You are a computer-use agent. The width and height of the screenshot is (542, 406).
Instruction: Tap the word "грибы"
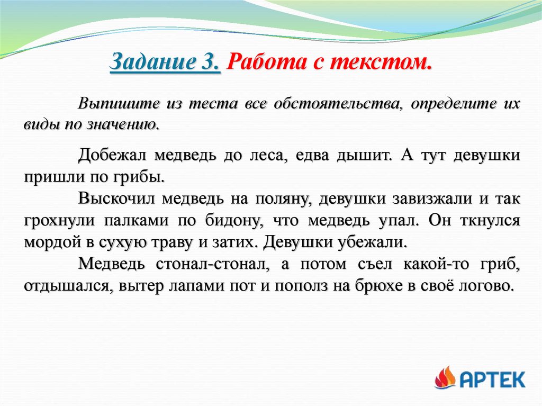click(x=142, y=176)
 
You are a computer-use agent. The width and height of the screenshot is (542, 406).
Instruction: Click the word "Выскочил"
click(x=115, y=199)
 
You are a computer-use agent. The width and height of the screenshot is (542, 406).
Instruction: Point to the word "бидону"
click(x=236, y=220)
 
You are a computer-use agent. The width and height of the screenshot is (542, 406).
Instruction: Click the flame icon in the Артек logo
click(x=445, y=378)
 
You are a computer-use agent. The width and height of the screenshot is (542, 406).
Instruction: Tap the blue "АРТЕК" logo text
click(x=492, y=379)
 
